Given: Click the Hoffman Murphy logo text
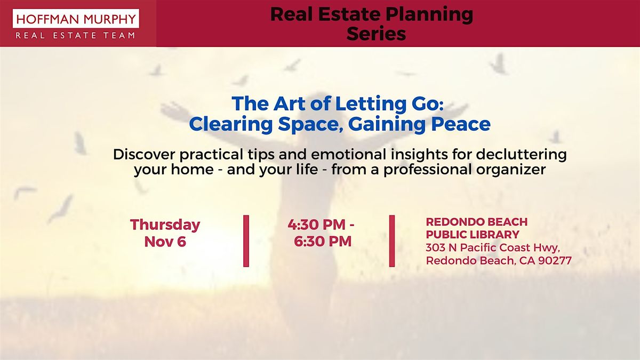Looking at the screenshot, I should (x=75, y=20).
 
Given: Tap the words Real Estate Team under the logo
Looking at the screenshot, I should (x=75, y=36).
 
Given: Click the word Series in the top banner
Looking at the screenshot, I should (x=376, y=34).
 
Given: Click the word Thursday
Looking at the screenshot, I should (x=165, y=224).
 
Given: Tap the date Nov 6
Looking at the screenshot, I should (x=165, y=241).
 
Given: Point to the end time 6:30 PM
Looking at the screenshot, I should (x=323, y=241).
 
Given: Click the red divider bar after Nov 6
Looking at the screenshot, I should (x=246, y=241).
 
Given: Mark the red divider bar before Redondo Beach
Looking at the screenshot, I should (x=392, y=241).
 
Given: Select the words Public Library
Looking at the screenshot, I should (x=473, y=235).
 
